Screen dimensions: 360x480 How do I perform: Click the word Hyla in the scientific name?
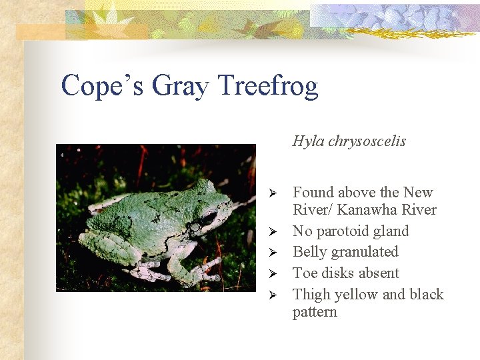click(309, 141)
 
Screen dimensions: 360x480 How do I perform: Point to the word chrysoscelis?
click(367, 141)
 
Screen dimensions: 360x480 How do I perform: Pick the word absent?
click(377, 273)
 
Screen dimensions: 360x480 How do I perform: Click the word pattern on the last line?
click(315, 312)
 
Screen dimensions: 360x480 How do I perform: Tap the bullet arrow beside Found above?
click(271, 193)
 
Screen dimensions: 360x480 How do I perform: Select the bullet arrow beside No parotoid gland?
click(271, 232)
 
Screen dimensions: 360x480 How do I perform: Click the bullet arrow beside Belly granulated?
click(271, 253)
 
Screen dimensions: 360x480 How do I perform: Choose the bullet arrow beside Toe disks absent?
click(271, 274)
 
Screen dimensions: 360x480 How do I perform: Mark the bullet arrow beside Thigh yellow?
click(271, 295)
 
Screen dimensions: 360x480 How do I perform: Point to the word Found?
click(313, 193)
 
